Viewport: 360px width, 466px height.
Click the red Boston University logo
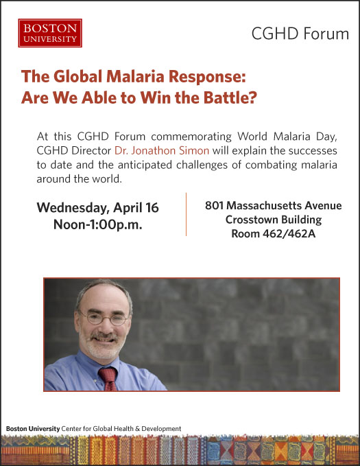pyautogui.click(x=50, y=33)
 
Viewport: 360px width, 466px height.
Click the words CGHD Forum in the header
pyautogui.click(x=300, y=34)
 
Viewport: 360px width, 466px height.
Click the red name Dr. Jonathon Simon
pyautogui.click(x=162, y=150)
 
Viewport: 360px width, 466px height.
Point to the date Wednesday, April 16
pyautogui.click(x=98, y=208)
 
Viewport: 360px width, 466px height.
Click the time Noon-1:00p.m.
pyautogui.click(x=98, y=224)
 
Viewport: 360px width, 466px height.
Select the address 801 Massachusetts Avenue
pyautogui.click(x=274, y=205)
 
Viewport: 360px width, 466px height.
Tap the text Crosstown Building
pyautogui.click(x=274, y=220)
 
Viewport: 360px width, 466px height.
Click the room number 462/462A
pyautogui.click(x=289, y=233)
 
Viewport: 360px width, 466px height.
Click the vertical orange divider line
pyautogui.click(x=187, y=214)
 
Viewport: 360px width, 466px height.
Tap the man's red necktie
pyautogui.click(x=108, y=379)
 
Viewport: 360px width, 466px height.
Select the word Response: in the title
pyautogui.click(x=207, y=76)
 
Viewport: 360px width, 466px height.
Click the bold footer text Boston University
pyautogui.click(x=33, y=428)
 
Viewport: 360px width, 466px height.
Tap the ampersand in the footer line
pyautogui.click(x=138, y=429)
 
